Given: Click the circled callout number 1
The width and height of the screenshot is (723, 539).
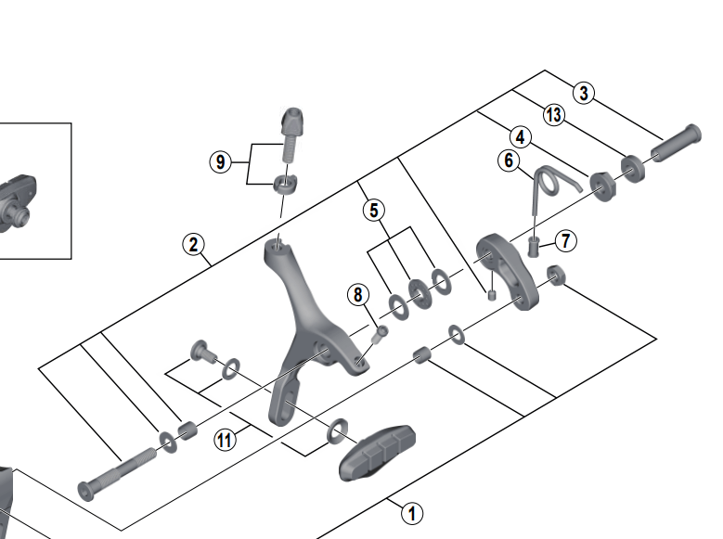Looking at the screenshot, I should [x=412, y=511].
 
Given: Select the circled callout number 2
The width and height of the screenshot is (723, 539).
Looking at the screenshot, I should [x=193, y=245].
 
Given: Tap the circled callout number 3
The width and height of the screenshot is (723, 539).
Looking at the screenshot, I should [x=582, y=92].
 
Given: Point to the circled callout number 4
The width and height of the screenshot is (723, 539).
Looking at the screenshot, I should [x=520, y=137].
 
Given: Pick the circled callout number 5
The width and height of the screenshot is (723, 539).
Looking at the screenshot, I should [x=373, y=210].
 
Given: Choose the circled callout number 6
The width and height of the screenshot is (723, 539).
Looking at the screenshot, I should [x=509, y=160].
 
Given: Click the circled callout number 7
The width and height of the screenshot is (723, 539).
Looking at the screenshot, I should [x=565, y=241].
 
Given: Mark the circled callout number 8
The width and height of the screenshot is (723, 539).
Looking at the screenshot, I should [x=357, y=295].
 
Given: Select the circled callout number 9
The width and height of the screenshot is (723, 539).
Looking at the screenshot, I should [x=220, y=162].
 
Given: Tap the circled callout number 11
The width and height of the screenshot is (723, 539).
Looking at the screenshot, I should [x=225, y=440].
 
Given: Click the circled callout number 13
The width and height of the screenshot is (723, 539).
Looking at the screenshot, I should [x=554, y=115].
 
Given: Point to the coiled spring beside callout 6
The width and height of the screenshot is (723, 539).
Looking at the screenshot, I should [x=547, y=182].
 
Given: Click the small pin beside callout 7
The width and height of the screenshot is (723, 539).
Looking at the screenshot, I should [x=534, y=246].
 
